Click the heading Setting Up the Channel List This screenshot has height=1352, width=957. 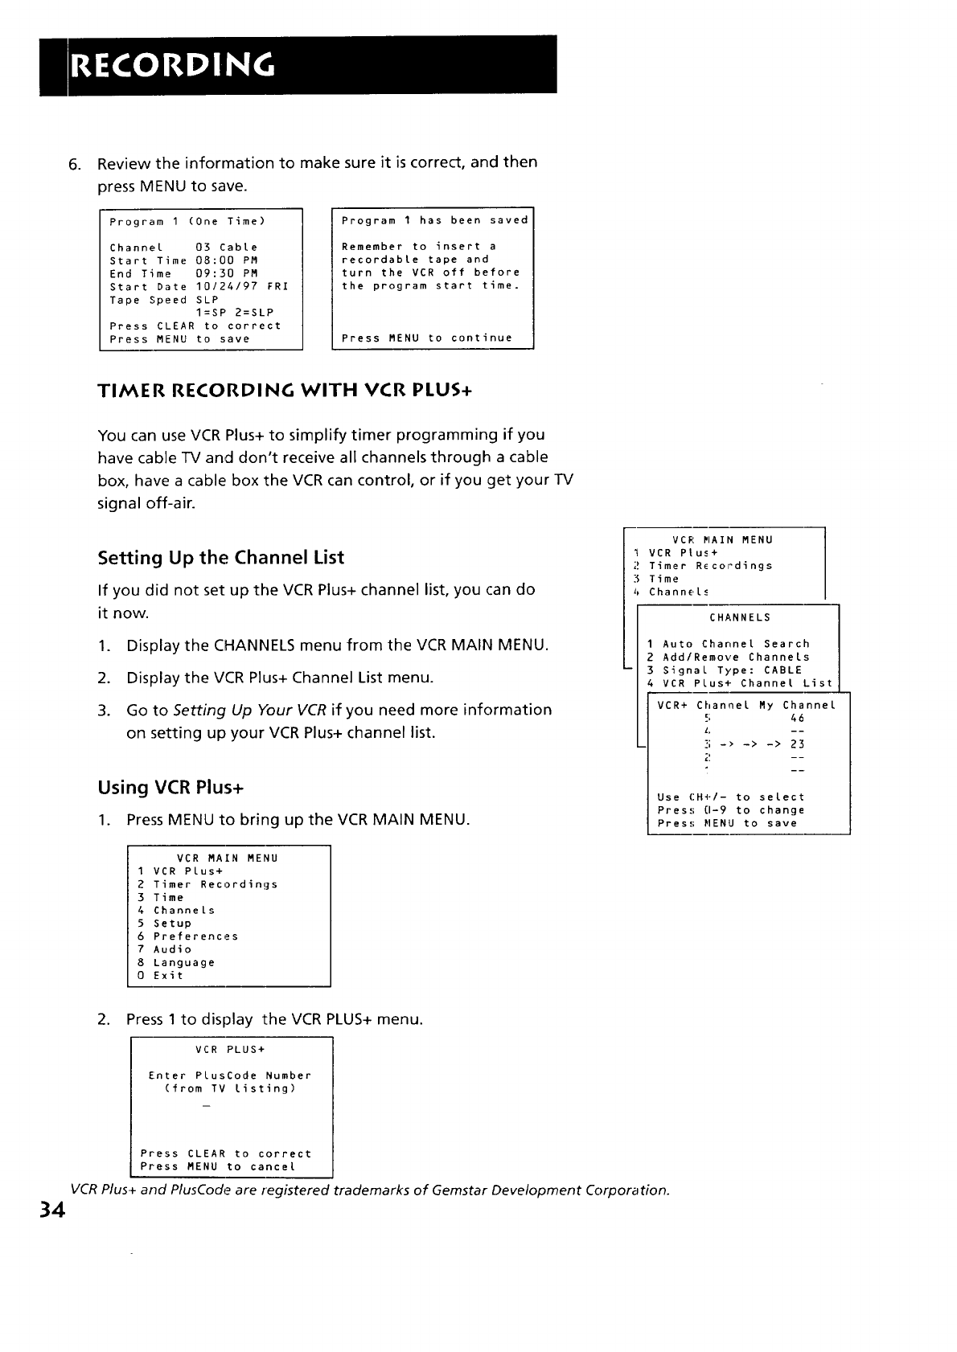(x=220, y=558)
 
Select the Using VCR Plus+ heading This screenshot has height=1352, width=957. (x=170, y=787)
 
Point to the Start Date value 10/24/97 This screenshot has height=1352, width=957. (x=227, y=287)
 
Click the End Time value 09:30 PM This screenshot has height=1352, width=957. (x=227, y=274)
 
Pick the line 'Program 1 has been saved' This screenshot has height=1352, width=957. (x=435, y=220)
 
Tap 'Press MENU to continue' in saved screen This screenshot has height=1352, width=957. (x=427, y=338)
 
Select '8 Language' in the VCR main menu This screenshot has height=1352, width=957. (x=176, y=962)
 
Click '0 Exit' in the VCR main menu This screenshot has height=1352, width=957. (x=161, y=976)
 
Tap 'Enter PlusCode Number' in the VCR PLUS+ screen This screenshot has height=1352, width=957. (x=230, y=1075)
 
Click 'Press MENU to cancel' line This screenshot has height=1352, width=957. (x=218, y=1166)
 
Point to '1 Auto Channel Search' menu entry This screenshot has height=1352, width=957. (x=729, y=644)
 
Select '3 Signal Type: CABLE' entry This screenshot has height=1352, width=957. (x=725, y=670)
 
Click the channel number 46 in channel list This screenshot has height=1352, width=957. (x=797, y=718)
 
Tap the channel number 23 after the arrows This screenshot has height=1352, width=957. (x=797, y=744)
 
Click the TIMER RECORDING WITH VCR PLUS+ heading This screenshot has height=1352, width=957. (x=284, y=391)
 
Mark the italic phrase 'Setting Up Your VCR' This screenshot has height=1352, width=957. (x=249, y=711)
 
